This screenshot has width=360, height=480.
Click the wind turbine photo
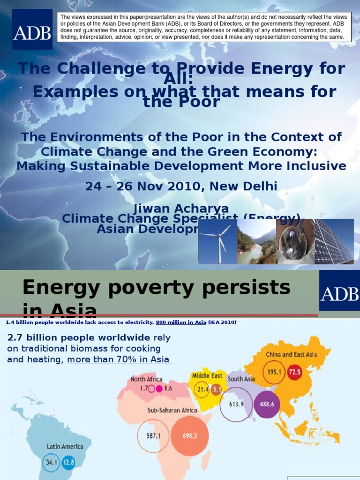217,241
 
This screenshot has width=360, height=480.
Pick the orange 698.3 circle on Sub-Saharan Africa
190,435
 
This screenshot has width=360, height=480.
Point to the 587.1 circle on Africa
154,435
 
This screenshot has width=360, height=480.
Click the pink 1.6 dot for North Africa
160,389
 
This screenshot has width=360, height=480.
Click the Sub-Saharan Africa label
172,410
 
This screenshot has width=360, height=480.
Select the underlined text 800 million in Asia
177,322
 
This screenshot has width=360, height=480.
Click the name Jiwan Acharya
181,209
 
